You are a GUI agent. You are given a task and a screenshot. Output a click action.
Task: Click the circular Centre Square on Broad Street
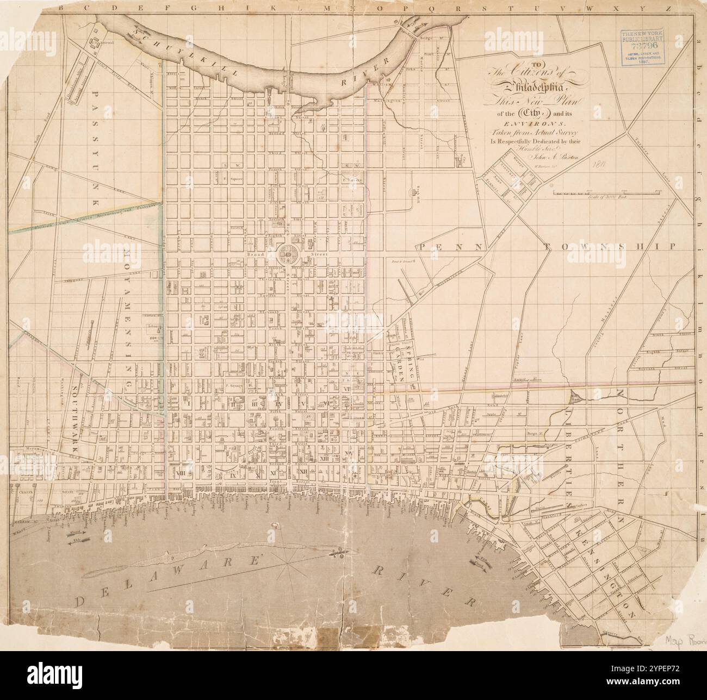click(x=288, y=254)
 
